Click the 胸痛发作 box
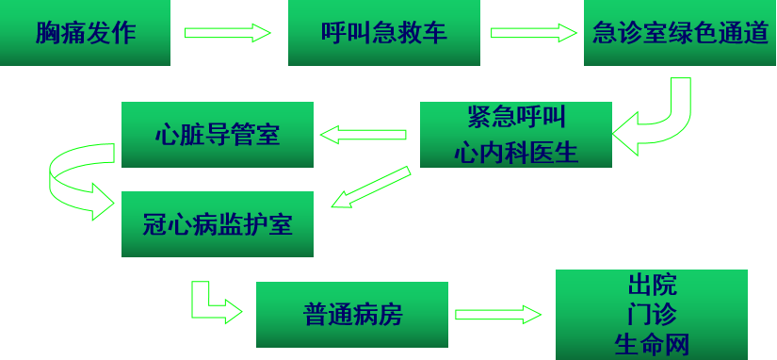point(85,33)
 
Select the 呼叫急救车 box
point(384,33)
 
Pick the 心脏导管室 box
point(218,134)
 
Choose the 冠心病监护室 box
point(218,223)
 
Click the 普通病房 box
point(352,315)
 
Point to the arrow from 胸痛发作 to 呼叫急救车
point(227,33)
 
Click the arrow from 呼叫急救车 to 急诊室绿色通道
point(533,33)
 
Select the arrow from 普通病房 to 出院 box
point(497,315)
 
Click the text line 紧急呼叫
point(516,118)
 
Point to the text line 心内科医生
point(516,151)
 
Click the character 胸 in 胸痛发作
point(47,33)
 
